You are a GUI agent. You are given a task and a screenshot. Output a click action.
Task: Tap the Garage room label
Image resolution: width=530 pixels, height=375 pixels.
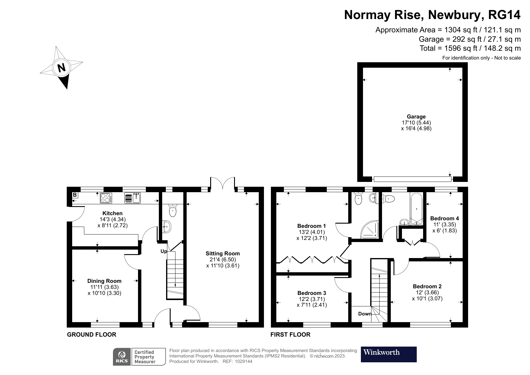pyautogui.click(x=416, y=117)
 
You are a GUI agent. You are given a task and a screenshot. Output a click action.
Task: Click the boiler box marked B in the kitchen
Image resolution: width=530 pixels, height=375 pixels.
pyautogui.click(x=75, y=195)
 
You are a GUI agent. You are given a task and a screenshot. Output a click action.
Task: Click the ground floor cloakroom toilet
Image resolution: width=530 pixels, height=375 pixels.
pyautogui.click(x=172, y=211)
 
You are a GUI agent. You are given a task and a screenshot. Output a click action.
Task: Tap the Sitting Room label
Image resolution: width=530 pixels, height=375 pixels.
pyautogui.click(x=223, y=254)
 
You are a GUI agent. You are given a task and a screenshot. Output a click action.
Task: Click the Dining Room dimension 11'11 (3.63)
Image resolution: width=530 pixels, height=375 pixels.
pyautogui.click(x=104, y=287)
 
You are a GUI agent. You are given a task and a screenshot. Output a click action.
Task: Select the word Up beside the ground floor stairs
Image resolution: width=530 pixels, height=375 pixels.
pyautogui.click(x=163, y=251)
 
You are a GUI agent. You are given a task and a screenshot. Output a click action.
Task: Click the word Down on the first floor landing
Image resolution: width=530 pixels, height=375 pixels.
pyautogui.click(x=365, y=314)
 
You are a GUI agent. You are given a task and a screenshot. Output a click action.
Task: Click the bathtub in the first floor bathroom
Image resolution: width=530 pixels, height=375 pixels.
pyautogui.click(x=416, y=209)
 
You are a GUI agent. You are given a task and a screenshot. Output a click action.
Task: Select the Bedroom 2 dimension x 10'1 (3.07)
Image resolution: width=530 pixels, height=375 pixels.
pyautogui.click(x=427, y=299)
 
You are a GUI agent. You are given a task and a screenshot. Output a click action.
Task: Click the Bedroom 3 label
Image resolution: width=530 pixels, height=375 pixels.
pyautogui.click(x=311, y=293)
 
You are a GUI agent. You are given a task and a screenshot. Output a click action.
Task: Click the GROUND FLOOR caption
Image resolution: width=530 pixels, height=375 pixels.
pyautogui.click(x=92, y=335)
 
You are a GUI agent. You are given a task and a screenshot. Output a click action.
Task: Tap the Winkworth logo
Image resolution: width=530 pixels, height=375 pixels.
pyautogui.click(x=388, y=354)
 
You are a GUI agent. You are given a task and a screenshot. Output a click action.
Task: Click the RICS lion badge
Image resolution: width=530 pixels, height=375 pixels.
pyautogui.click(x=122, y=357)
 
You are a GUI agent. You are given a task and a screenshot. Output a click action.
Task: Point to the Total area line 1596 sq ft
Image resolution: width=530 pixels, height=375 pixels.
pyautogui.click(x=470, y=48)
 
